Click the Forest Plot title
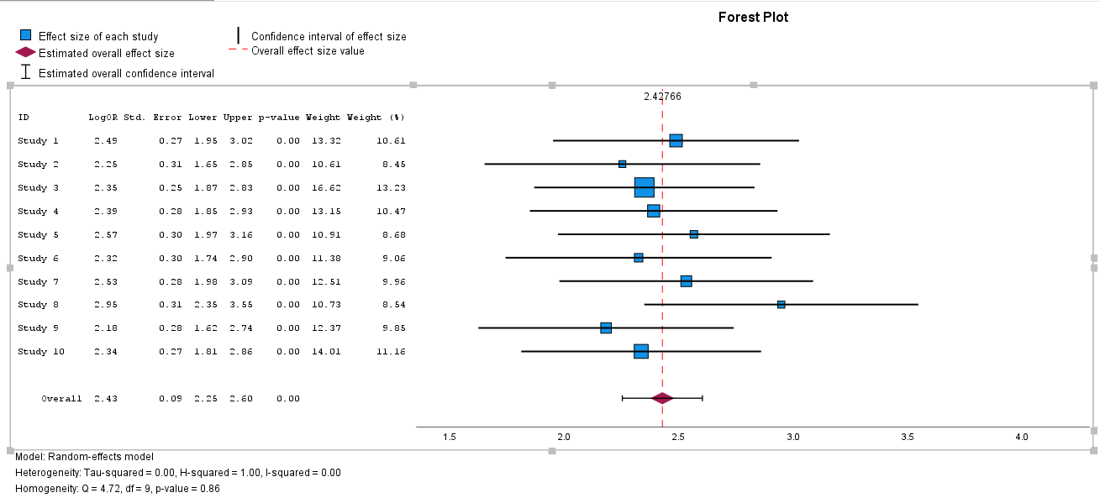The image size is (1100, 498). point(753,17)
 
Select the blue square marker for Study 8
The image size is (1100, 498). point(781,305)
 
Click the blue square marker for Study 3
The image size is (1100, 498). point(644,187)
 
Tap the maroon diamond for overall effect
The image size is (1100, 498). point(662,398)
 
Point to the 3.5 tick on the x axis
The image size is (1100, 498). point(908,438)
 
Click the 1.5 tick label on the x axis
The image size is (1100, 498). point(449,438)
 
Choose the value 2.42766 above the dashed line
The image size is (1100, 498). point(662,97)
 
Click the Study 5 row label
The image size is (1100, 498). point(39,234)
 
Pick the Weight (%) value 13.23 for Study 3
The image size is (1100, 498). point(392,187)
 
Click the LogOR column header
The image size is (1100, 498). point(103,118)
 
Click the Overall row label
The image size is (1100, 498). point(61,398)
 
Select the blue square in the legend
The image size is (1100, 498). point(26,36)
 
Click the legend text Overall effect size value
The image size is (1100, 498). point(308,51)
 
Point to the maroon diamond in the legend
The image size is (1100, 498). point(26,53)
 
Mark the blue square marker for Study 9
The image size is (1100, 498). point(606,328)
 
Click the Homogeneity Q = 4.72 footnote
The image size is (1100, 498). point(117,488)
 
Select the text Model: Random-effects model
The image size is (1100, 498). point(84,457)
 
